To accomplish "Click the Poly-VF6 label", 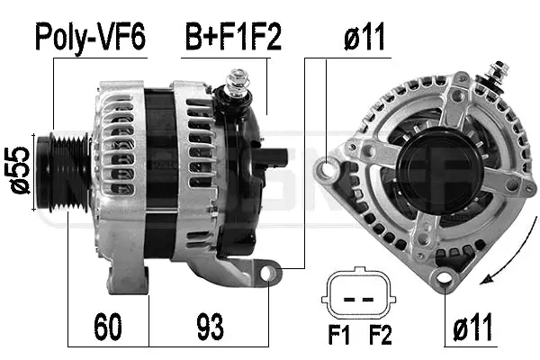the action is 91,37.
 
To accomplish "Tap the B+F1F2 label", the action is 233,37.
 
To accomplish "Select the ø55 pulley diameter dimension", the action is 18,170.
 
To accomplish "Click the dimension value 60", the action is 108,327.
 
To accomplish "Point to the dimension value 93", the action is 210,327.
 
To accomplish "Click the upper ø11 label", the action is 364,37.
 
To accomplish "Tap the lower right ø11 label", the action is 472,328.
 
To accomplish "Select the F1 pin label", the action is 339,335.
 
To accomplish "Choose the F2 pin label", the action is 380,335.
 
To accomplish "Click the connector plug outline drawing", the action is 359,295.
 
